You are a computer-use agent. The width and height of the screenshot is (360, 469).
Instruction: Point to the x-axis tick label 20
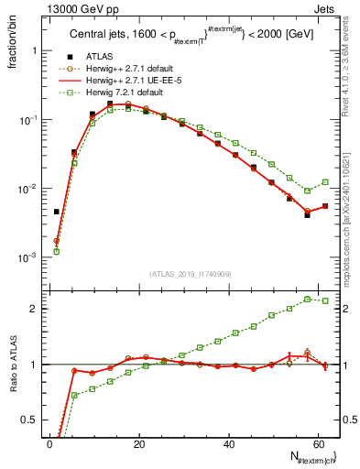pos(138,445)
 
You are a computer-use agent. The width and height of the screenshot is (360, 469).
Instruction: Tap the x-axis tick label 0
pos(49,445)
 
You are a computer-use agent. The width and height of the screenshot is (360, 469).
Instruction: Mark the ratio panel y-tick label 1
pos(31,365)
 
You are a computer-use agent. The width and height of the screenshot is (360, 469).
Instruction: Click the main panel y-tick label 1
pos(31,51)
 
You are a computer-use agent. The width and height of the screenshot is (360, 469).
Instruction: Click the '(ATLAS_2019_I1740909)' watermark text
pos(191,274)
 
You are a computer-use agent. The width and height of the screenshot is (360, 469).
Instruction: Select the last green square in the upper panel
pos(325,181)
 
